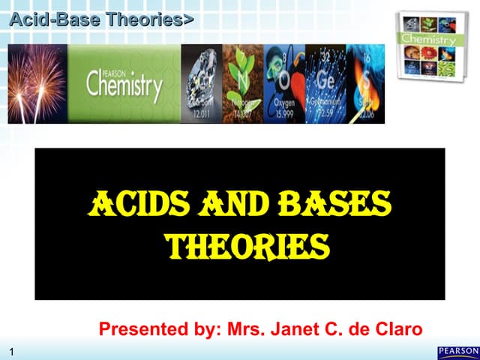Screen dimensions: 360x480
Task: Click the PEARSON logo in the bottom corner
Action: (x=457, y=352)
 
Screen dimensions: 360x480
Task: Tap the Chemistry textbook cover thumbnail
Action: (x=427, y=43)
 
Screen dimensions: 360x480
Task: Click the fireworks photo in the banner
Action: (x=37, y=83)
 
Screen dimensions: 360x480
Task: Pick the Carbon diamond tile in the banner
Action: (x=202, y=83)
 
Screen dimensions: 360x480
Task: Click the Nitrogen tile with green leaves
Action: (x=243, y=83)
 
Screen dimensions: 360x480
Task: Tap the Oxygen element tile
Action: (x=284, y=83)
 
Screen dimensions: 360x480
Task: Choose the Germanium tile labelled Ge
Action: (x=325, y=83)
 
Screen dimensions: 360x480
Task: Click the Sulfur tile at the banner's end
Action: (x=365, y=83)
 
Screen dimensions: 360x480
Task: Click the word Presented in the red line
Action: (x=134, y=328)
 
